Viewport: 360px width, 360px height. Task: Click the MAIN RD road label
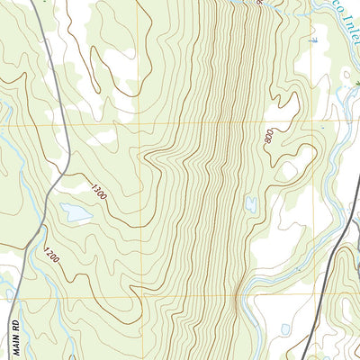click(x=15, y=333)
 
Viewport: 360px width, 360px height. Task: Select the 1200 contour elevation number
click(x=50, y=257)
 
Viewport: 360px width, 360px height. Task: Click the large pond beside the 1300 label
click(x=76, y=213)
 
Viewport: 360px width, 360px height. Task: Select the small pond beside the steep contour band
click(x=251, y=204)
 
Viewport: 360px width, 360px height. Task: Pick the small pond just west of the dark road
click(x=285, y=329)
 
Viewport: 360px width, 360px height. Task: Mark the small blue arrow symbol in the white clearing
click(x=313, y=40)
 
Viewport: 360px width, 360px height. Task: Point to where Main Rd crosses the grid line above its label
click(x=21, y=298)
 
